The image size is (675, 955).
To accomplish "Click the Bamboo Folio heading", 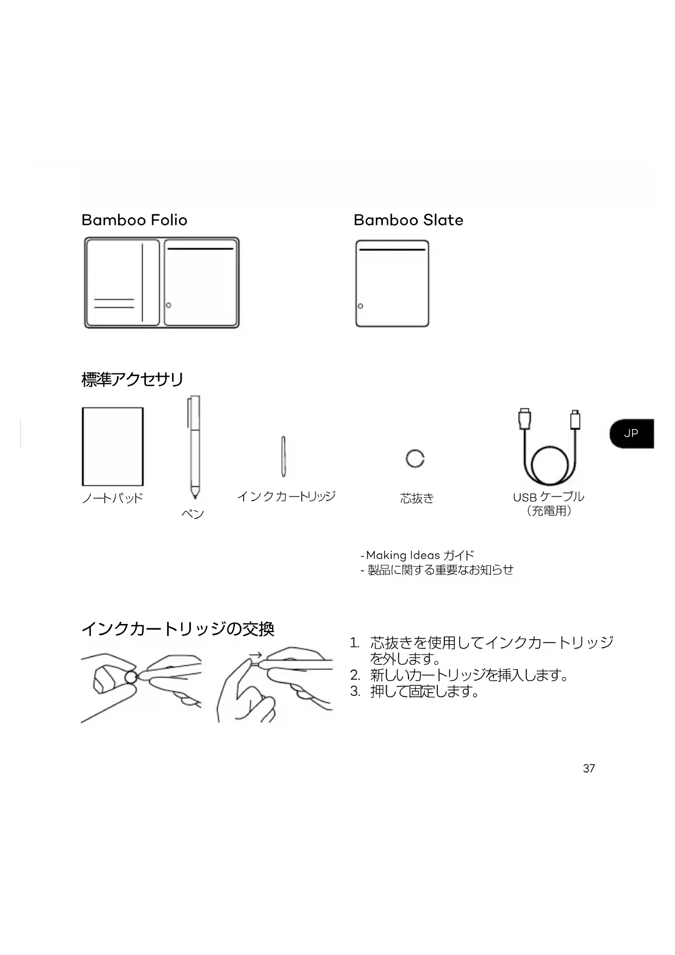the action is tap(134, 220).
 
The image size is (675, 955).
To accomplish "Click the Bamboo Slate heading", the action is tap(408, 220).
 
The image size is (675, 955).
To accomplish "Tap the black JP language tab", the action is tap(631, 433).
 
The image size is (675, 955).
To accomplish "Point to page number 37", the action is tap(589, 768).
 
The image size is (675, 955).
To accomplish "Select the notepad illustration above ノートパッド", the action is tap(113, 446).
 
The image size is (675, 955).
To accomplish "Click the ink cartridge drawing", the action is tap(283, 456).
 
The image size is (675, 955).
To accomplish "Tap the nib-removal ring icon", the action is tap(415, 458).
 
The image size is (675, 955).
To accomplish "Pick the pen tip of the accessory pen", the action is tap(195, 496).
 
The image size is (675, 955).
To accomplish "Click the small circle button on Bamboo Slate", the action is tap(360, 306).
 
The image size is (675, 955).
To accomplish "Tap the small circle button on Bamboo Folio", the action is tap(169, 305).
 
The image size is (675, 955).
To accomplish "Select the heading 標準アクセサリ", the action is tap(132, 379).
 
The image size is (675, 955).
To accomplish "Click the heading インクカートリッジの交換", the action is tap(177, 629).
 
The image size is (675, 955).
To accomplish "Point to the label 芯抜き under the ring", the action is tap(417, 498).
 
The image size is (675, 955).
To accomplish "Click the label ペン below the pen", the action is tap(193, 513).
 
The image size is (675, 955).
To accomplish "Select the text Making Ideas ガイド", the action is tap(419, 555).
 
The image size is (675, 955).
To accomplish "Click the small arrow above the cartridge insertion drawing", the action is tap(256, 655).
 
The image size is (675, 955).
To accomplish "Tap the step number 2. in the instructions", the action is tap(355, 676).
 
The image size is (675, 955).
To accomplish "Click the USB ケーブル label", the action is tap(548, 497).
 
